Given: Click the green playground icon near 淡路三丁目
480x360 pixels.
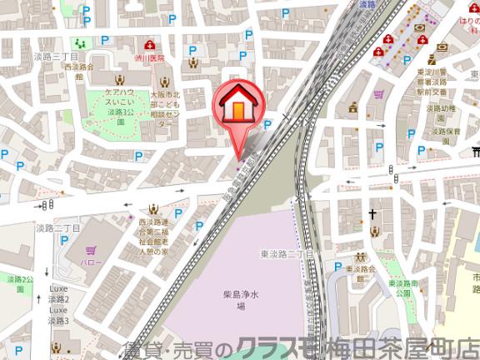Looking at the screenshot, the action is [x=79, y=42].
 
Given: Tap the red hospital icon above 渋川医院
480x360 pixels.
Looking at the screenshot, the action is [x=150, y=43].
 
